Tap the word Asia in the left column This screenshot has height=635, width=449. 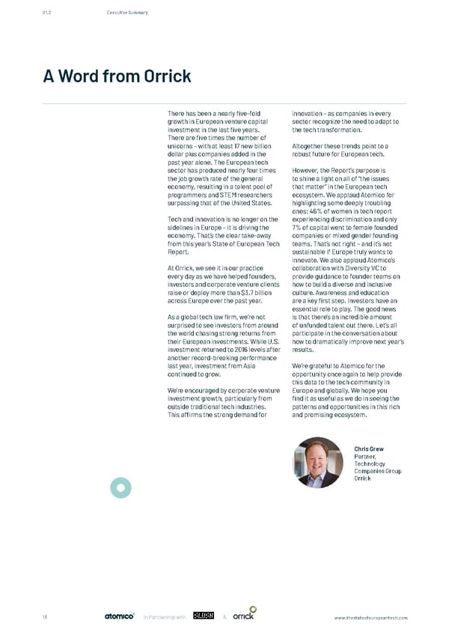(252, 365)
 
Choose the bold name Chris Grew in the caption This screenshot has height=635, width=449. (370, 449)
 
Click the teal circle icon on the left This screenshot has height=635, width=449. (120, 487)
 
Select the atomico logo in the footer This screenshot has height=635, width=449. (118, 617)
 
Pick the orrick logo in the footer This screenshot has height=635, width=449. (244, 616)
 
